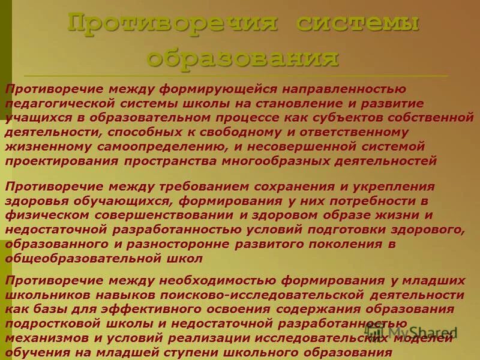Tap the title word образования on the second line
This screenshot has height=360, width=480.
tap(242, 58)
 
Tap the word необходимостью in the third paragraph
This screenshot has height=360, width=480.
tap(211, 281)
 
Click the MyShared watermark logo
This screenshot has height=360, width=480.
tap(414, 331)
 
